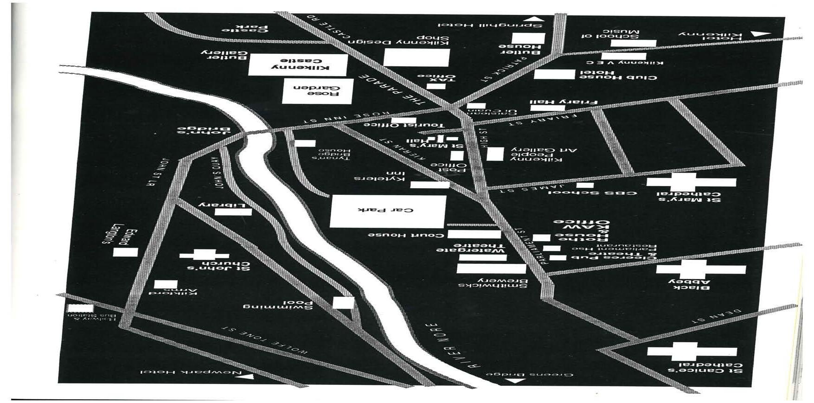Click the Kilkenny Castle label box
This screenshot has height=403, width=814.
click(298, 65)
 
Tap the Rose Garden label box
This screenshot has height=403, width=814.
click(318, 91)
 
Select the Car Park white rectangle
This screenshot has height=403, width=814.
click(388, 211)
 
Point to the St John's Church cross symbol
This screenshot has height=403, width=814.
click(205, 255)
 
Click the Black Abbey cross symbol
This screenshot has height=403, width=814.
click(701, 269)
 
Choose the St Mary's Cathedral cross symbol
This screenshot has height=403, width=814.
click(691, 182)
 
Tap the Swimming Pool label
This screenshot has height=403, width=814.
click(277, 306)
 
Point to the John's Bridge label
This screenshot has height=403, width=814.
click(204, 130)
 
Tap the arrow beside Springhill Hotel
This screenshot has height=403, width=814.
click(535, 19)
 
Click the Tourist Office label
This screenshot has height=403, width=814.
click(404, 125)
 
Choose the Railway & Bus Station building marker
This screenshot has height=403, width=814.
click(80, 308)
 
